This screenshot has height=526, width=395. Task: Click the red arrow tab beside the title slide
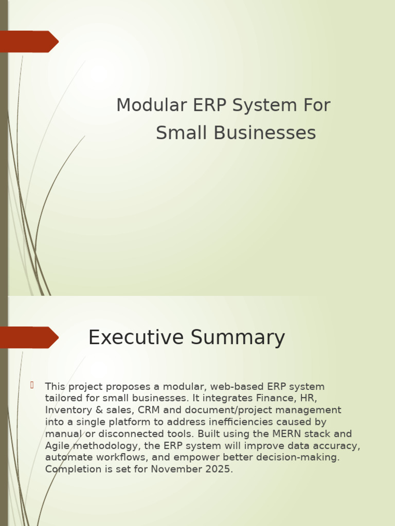click(29, 42)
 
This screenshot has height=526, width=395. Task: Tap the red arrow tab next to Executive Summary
click(29, 337)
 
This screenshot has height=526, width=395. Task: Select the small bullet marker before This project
click(32, 385)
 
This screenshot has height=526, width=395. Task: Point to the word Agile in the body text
click(58, 445)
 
